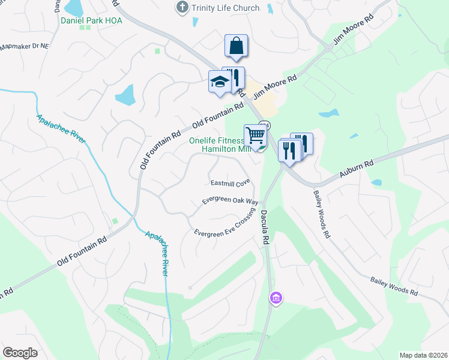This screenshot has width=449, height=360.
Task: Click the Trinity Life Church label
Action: (225, 8)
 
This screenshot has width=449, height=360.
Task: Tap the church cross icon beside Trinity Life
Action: (181, 8)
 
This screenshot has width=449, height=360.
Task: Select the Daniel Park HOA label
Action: (91, 20)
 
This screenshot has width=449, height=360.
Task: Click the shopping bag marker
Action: (237, 46)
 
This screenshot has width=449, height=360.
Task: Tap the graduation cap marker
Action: (220, 82)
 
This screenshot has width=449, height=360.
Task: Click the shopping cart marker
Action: (255, 136)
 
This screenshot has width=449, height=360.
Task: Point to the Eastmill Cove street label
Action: (229, 182)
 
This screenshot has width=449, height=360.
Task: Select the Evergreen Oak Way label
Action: (230, 200)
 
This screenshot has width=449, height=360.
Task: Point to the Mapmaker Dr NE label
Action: (25, 46)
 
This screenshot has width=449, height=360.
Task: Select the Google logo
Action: (20, 353)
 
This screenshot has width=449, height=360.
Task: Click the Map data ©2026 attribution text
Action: (423, 355)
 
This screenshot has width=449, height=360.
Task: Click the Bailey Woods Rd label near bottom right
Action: (394, 285)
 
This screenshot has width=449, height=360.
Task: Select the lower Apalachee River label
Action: (156, 251)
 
